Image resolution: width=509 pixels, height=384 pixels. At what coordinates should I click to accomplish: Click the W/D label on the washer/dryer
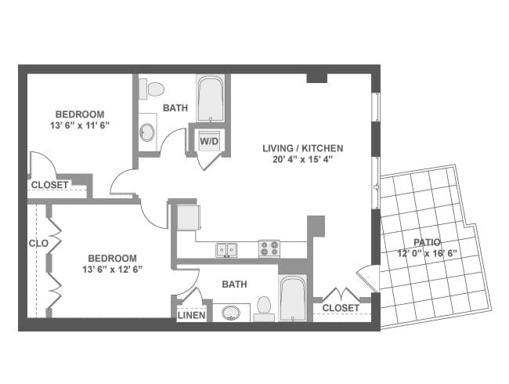tap(208, 142)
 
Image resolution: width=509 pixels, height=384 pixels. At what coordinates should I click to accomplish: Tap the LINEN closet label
tap(191, 316)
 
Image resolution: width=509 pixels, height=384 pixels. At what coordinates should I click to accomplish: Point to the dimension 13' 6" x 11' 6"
tap(79, 125)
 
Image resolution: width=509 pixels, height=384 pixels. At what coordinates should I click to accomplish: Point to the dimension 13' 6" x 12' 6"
tap(112, 269)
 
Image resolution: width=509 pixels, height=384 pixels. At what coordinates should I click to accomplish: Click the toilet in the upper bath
tap(151, 89)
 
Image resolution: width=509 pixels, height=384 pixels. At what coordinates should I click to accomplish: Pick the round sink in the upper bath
tap(147, 130)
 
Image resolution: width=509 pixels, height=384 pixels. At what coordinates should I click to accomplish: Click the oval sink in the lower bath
tap(231, 313)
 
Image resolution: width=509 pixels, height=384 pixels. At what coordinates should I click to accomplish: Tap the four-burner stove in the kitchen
tap(269, 248)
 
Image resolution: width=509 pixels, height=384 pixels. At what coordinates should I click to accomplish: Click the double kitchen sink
tap(227, 250)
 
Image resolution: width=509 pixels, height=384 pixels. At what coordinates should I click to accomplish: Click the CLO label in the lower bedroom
tap(38, 244)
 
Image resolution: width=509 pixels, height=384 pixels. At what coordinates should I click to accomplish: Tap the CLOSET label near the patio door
tap(341, 308)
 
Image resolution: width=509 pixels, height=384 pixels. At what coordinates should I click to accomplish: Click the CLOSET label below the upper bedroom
tap(49, 185)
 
